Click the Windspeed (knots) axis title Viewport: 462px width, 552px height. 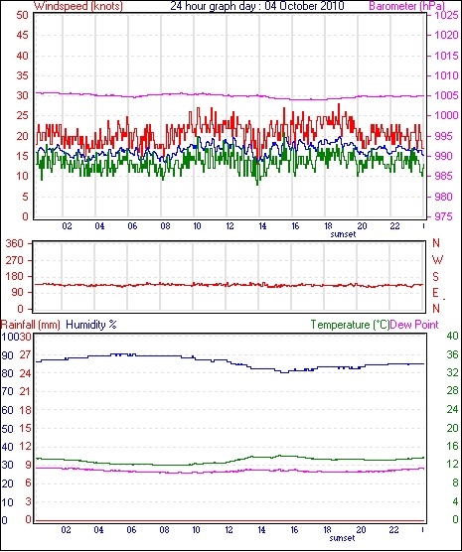(x=78, y=6)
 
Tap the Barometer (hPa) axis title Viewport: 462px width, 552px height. (x=407, y=6)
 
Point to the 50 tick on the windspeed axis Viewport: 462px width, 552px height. (x=22, y=15)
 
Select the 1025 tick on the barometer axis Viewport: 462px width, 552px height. (x=446, y=15)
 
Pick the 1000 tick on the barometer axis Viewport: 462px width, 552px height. (x=446, y=115)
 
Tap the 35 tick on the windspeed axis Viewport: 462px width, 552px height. (x=22, y=75)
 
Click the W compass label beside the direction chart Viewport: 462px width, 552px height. (x=437, y=260)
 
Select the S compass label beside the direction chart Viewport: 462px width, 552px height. (x=436, y=277)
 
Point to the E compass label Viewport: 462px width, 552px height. (x=436, y=293)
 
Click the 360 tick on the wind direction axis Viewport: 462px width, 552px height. (x=15, y=243)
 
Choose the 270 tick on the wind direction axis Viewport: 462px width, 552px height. (x=15, y=260)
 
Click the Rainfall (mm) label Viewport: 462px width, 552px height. (x=31, y=325)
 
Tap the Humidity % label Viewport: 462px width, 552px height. (x=91, y=325)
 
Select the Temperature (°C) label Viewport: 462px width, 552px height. (x=351, y=325)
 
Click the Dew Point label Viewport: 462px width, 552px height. (x=414, y=325)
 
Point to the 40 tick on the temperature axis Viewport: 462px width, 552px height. (x=452, y=336)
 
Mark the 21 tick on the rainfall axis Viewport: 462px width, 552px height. (x=25, y=391)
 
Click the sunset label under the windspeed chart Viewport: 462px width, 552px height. (x=343, y=234)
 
